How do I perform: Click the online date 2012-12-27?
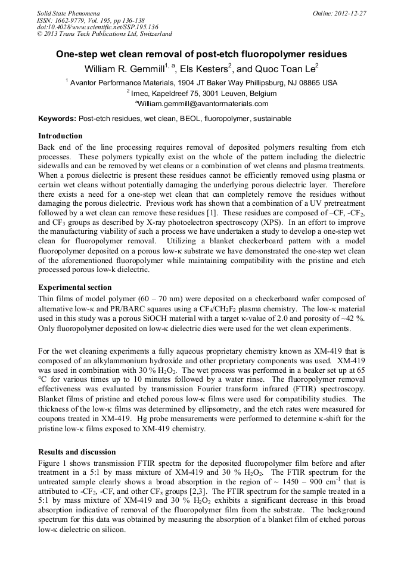click(x=345, y=13)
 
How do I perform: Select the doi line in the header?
click(x=98, y=27)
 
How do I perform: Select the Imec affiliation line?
click(x=201, y=93)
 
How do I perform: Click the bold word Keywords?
click(x=57, y=119)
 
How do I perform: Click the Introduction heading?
click(x=60, y=136)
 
